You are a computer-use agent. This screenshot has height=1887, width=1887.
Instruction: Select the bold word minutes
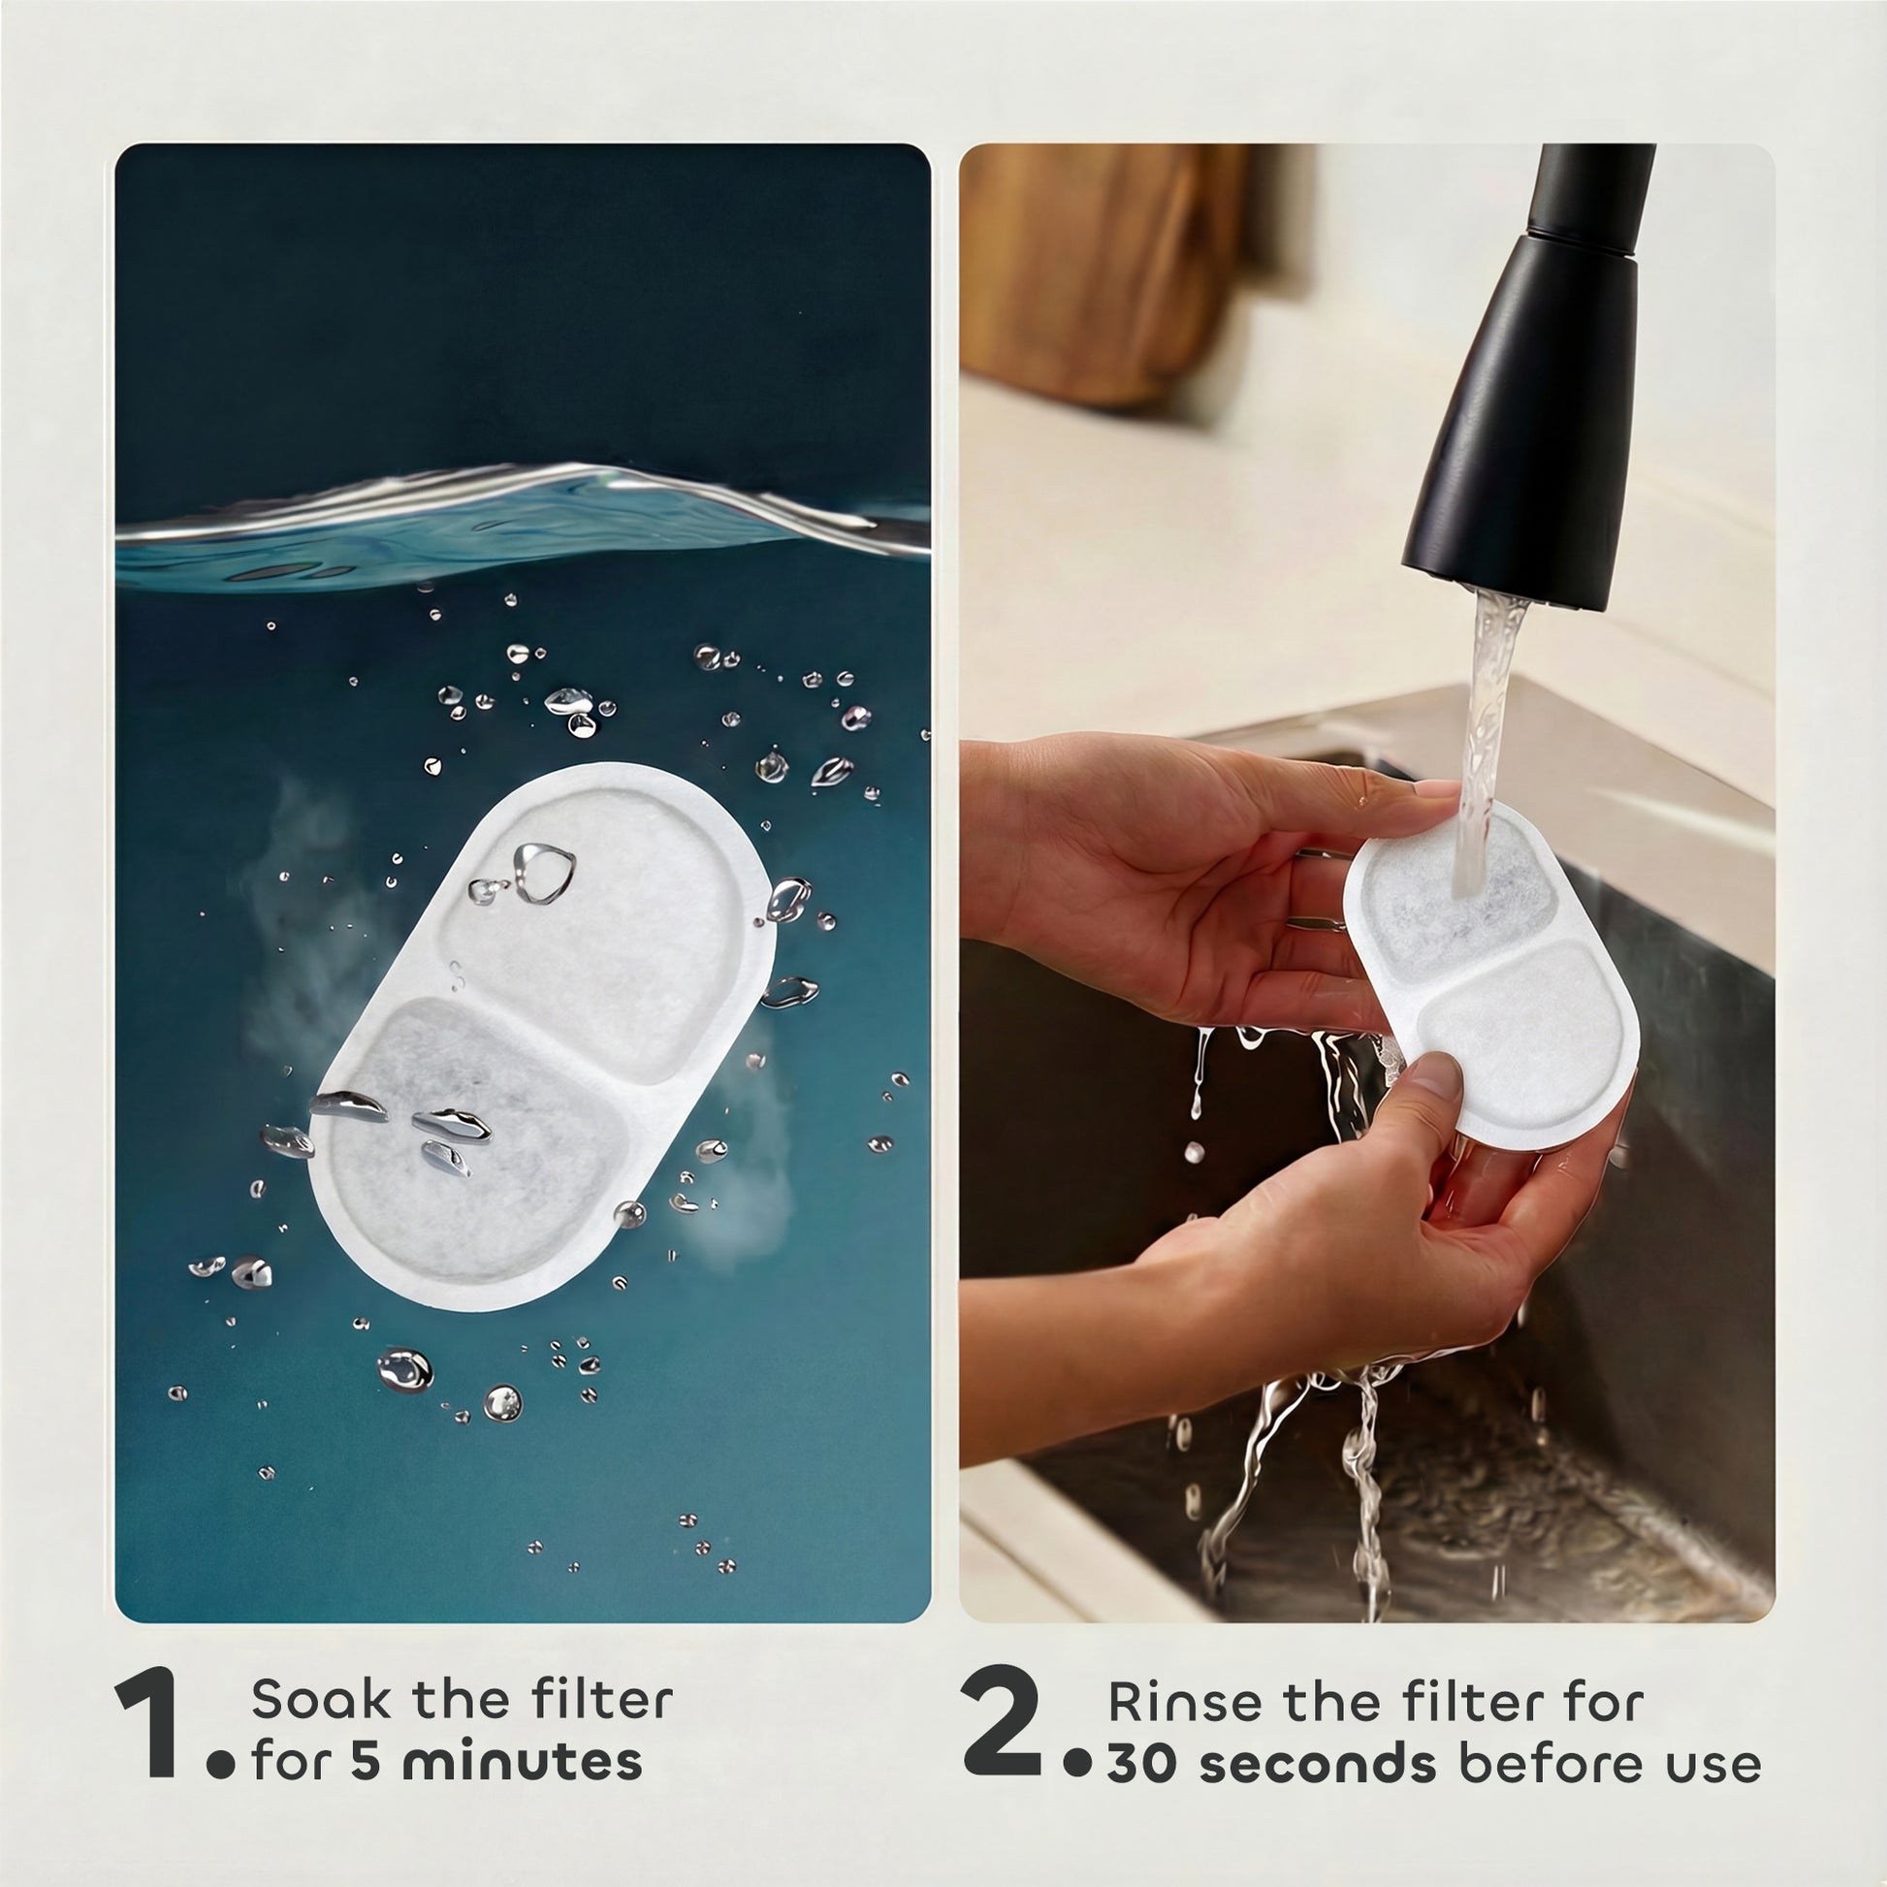(522, 1762)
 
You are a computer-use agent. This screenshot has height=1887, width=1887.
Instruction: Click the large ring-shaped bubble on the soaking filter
(544, 871)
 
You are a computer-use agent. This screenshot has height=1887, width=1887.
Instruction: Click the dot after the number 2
(1077, 1763)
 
